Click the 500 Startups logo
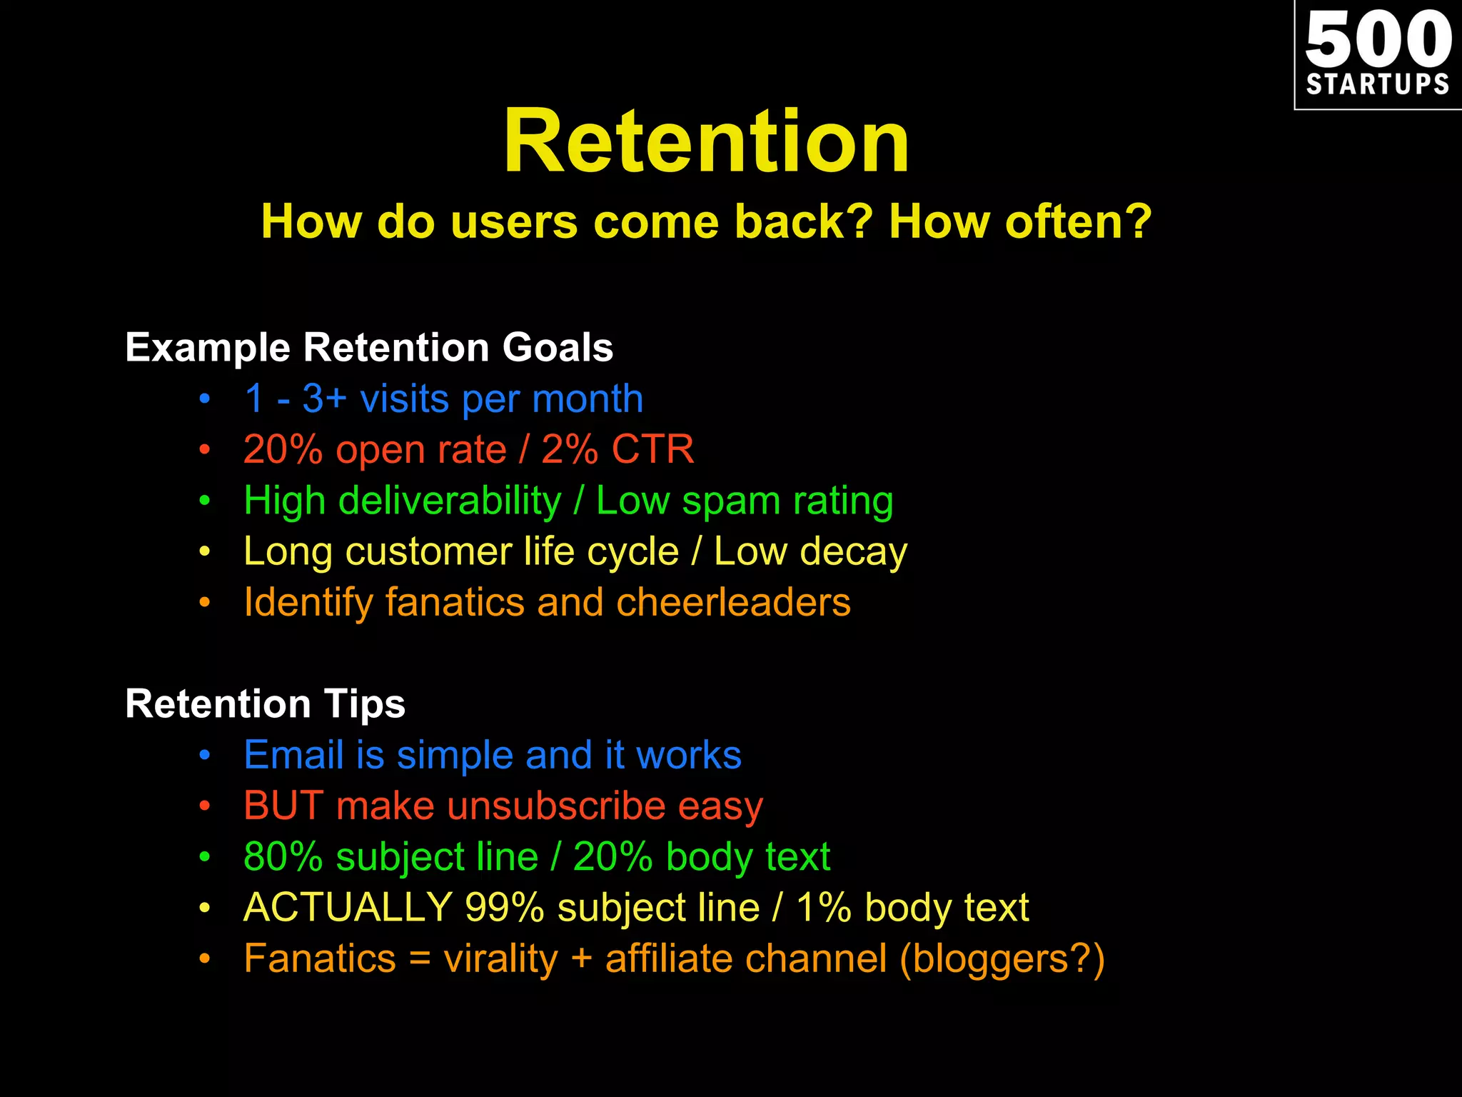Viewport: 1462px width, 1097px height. point(1378,54)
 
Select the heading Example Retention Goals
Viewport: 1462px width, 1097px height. point(369,348)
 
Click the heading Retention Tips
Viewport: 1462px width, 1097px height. point(265,703)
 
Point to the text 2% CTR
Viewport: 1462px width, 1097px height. point(617,450)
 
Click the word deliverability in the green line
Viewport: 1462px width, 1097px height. point(450,501)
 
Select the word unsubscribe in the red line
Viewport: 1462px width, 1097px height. point(557,806)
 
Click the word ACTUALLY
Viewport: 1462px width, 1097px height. point(348,908)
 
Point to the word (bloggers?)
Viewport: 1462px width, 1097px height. point(1002,958)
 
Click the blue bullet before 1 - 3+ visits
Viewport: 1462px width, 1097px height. point(205,399)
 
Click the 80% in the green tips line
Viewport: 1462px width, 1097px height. point(283,856)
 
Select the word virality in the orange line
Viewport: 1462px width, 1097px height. point(500,958)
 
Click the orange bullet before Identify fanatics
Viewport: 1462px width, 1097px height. point(205,603)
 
